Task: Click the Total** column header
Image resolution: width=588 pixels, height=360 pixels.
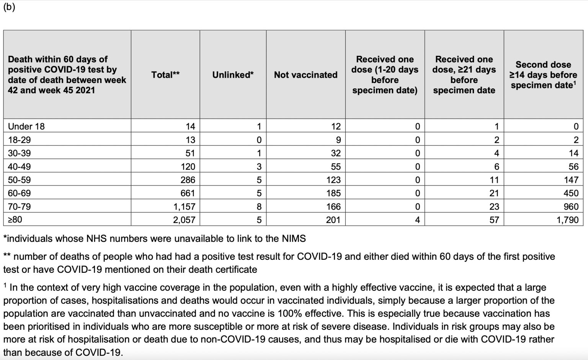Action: (165, 75)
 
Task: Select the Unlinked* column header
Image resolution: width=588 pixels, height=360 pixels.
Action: (233, 75)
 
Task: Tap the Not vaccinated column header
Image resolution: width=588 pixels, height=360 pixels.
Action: (305, 75)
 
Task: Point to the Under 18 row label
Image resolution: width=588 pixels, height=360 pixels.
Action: (26, 126)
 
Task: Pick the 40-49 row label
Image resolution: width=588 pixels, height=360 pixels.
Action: (19, 166)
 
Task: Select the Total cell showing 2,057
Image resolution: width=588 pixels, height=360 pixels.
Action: (184, 220)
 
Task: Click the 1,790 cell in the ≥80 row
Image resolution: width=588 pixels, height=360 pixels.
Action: (567, 220)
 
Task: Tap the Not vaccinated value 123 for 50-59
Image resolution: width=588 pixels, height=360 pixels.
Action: (333, 180)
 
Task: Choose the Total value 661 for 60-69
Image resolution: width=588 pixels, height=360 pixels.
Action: (188, 193)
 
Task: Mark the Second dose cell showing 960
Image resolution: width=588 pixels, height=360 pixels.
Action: (571, 207)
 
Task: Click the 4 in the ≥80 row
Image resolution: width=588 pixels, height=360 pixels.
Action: (417, 220)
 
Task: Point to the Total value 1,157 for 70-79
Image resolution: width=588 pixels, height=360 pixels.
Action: (184, 207)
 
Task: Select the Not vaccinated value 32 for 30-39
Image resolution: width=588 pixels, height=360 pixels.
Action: (336, 153)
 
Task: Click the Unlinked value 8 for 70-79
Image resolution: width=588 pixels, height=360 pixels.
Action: (259, 207)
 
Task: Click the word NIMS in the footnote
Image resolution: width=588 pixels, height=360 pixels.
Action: (294, 239)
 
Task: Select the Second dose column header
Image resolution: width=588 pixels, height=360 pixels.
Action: (543, 75)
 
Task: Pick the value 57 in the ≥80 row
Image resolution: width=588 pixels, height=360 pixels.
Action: (494, 220)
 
